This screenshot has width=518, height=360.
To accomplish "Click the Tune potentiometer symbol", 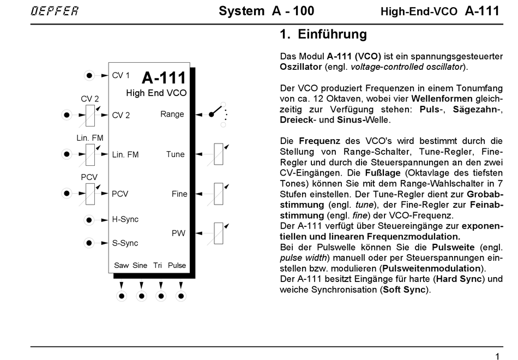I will click(218, 154).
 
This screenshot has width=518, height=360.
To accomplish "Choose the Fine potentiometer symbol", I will click(218, 194).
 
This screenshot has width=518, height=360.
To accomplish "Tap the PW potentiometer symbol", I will click(218, 233).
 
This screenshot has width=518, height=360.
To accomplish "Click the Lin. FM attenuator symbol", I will click(89, 154).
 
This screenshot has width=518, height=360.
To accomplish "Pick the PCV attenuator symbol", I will click(89, 193).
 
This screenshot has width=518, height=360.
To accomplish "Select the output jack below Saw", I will click(122, 296).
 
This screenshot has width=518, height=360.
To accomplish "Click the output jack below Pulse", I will click(180, 296).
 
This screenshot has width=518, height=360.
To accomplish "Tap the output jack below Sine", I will click(141, 296).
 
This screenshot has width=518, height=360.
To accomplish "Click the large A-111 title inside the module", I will click(164, 77).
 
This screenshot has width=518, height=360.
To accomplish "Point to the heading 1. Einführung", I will click(323, 35).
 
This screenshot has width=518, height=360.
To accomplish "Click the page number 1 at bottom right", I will click(497, 356).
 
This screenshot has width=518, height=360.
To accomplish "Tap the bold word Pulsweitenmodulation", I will click(432, 268).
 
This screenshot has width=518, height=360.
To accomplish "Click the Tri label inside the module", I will click(158, 266).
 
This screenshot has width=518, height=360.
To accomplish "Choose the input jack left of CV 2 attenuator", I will click(67, 115).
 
